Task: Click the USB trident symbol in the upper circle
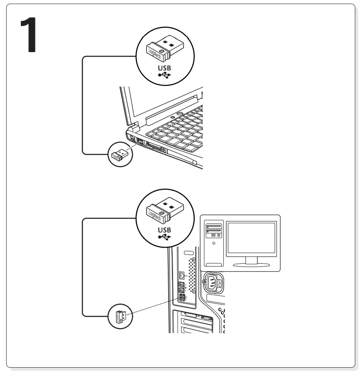[x=164, y=76]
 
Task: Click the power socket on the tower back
[x=211, y=282]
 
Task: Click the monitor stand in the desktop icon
[x=252, y=261]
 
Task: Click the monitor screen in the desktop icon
[x=251, y=238]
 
